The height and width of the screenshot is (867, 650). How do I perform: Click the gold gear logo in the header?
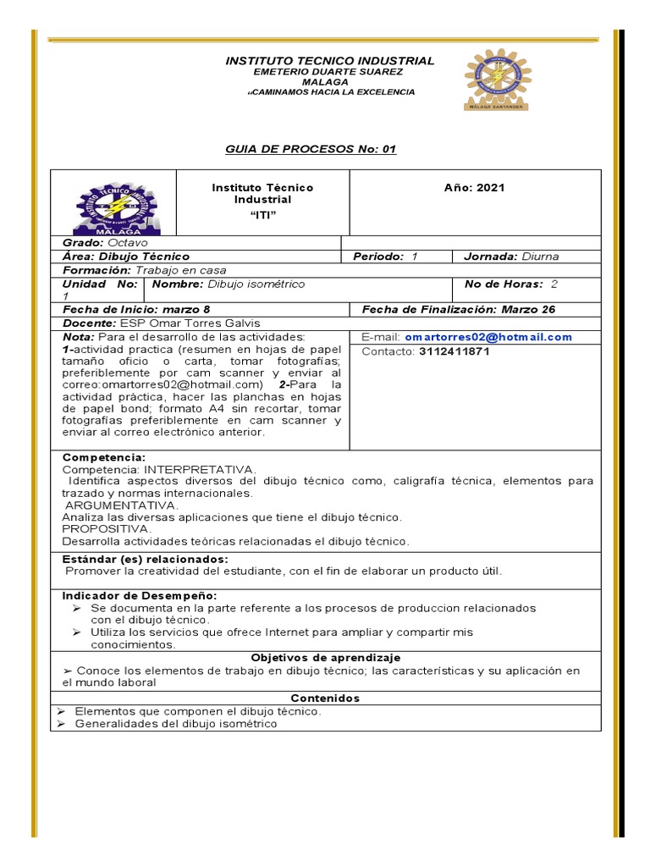[x=498, y=80]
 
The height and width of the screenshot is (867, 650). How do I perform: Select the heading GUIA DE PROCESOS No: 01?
[x=310, y=149]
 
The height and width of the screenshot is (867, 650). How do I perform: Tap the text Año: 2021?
[x=475, y=187]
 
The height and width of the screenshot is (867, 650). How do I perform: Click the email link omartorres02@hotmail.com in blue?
[x=487, y=337]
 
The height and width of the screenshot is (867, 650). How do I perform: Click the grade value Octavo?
[x=125, y=243]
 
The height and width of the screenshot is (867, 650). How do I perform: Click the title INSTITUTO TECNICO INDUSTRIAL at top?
[x=329, y=61]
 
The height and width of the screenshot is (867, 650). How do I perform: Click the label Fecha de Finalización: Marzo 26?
[x=458, y=310]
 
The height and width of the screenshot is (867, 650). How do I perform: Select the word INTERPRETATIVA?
[x=200, y=468]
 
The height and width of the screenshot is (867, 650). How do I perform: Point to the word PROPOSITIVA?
[x=107, y=528]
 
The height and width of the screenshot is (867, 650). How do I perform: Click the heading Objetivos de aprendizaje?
[x=326, y=658]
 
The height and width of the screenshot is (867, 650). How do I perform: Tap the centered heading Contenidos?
[x=325, y=699]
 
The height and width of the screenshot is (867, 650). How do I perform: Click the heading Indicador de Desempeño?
[x=140, y=596]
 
